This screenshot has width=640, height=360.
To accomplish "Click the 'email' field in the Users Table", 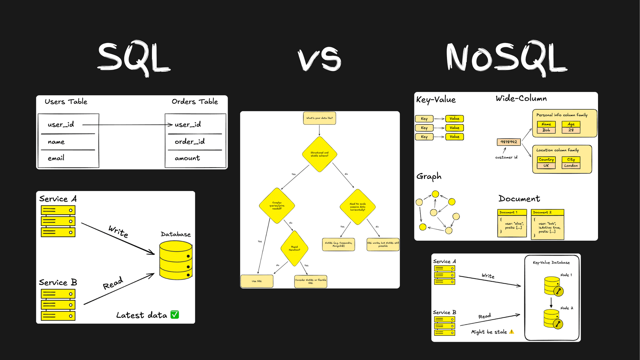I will pos(56,158).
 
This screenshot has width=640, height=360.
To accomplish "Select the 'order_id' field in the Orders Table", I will pos(190,142).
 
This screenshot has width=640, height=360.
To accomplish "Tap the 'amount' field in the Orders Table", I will pos(187,158).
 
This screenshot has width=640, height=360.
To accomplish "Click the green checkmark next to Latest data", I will pos(175,315).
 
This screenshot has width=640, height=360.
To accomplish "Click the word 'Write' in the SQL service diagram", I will pos(118,231).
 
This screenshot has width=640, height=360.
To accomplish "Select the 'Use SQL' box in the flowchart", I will pos(257,281).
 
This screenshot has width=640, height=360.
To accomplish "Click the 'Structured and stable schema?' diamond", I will pos(319,154).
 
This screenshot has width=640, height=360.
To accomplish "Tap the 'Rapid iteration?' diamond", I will pos(294,248).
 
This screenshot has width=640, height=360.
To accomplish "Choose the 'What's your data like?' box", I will pos(319,118).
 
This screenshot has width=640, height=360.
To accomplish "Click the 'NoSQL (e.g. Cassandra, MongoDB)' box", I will pos(338,244).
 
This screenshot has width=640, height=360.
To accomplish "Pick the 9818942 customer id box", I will pos(509,142).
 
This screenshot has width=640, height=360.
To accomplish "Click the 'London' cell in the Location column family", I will pos(571,166).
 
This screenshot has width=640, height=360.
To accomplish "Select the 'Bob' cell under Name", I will pos(546,130).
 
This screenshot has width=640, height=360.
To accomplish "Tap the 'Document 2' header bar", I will pos(547,212).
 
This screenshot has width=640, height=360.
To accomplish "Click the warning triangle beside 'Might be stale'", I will pos(512,332).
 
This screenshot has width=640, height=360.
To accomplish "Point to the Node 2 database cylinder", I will pos(551,318).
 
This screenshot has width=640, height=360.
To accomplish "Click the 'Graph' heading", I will pos(429,176).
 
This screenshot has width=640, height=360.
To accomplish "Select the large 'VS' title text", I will pos(319,59).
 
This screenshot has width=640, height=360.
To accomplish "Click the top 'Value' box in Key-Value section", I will pos(454,119).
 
